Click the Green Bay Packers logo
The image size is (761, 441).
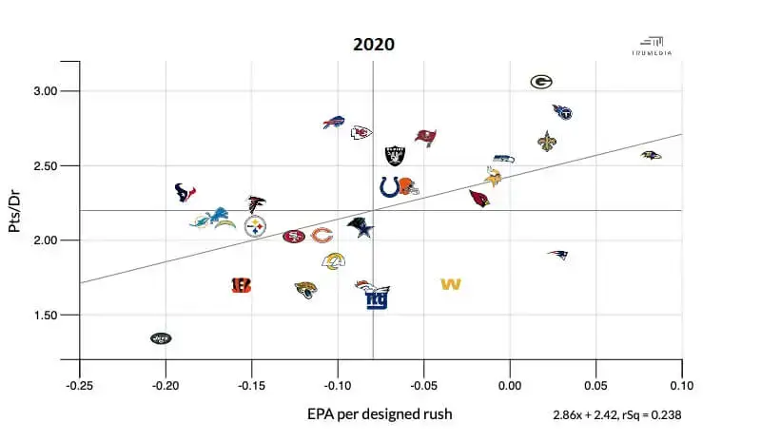541,82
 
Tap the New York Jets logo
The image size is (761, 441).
162,337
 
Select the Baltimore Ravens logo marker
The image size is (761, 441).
651,155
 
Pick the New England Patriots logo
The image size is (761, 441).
557,255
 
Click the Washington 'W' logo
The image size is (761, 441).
451,284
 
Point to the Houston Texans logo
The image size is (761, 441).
185,193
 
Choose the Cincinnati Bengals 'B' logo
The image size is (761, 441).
242,284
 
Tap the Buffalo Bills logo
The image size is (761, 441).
333,123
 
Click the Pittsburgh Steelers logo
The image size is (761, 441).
255,226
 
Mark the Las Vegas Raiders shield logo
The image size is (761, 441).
394,155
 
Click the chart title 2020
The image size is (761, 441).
373,44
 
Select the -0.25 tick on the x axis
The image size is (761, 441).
79,387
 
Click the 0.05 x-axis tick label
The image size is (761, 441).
595,387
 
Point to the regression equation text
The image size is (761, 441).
616,415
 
